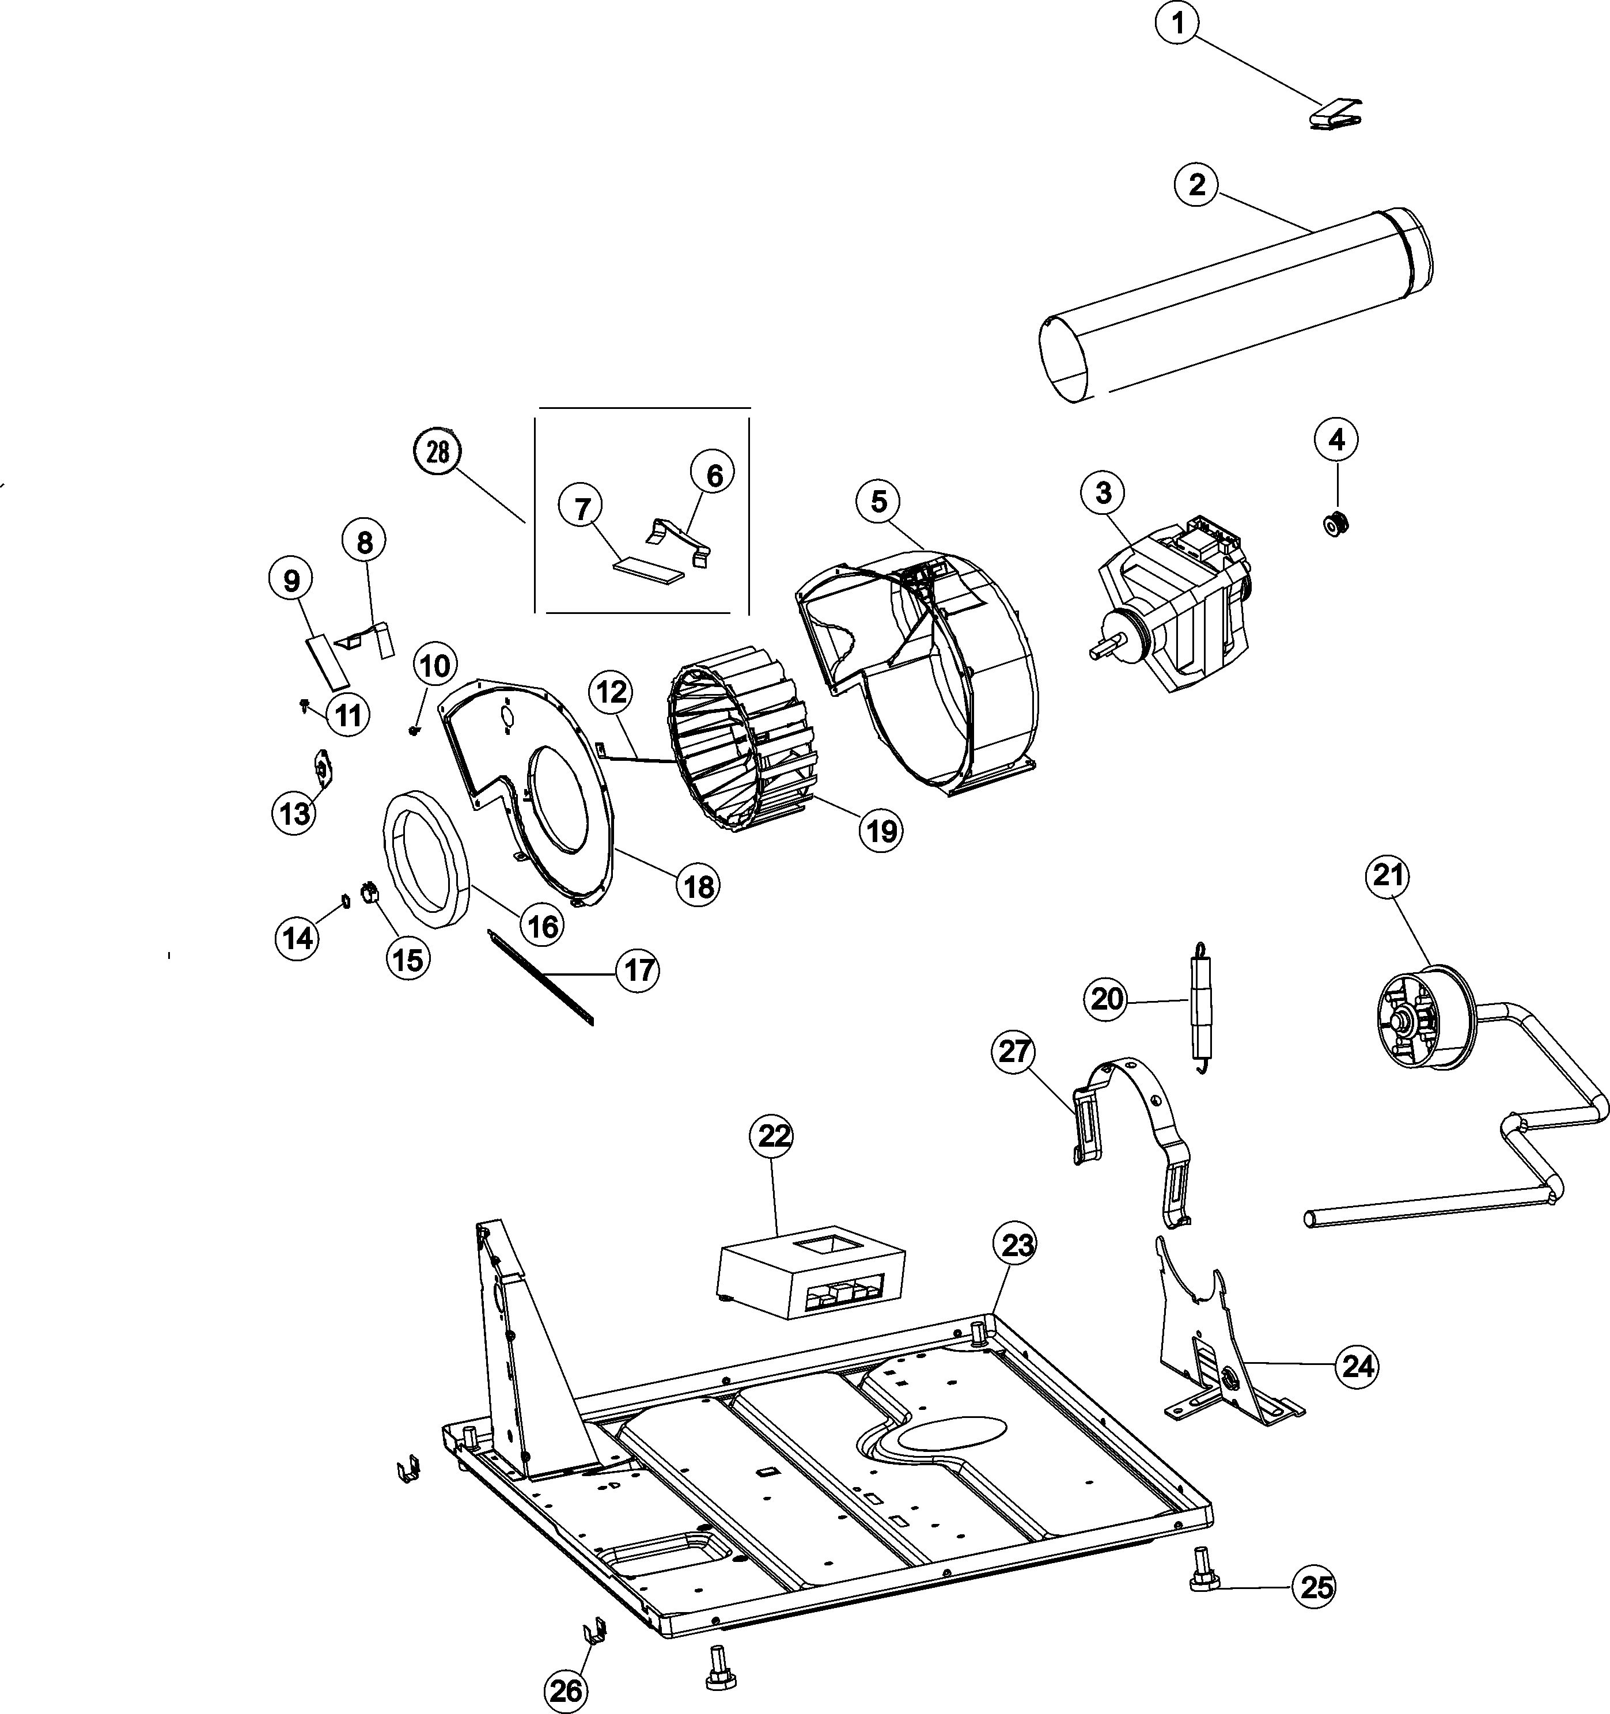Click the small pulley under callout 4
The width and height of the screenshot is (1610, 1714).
1336,522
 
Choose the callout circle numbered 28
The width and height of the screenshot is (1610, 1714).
438,452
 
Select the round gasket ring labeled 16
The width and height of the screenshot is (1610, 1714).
425,859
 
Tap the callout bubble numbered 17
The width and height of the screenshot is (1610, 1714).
638,971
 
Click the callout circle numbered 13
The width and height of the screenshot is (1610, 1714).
295,812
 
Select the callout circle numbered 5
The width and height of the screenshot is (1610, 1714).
878,502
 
